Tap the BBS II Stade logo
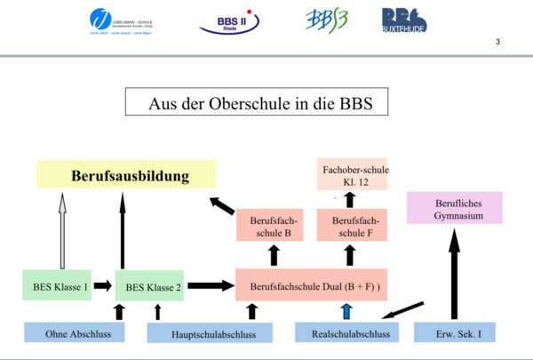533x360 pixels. [x=230, y=20]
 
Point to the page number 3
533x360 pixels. [x=497, y=42]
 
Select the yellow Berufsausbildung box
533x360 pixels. [x=125, y=174]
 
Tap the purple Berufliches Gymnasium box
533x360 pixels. [x=454, y=207]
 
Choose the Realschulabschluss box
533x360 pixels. [x=348, y=332]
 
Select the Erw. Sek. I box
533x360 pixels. [x=454, y=332]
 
